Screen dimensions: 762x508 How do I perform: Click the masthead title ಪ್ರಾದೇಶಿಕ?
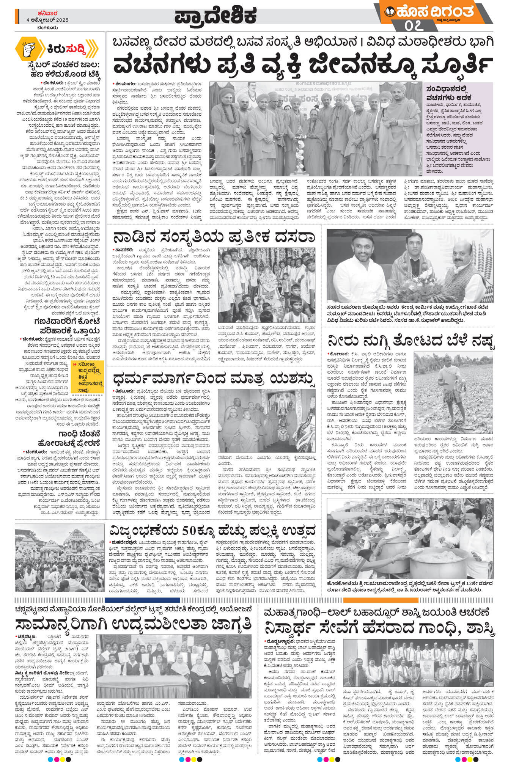pyautogui.click(x=215, y=16)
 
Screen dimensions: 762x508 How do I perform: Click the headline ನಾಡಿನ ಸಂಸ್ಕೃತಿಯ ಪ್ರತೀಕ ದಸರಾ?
pyautogui.click(x=214, y=237)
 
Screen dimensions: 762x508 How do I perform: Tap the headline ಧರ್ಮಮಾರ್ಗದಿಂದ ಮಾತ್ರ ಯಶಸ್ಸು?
pyautogui.click(x=214, y=379)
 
